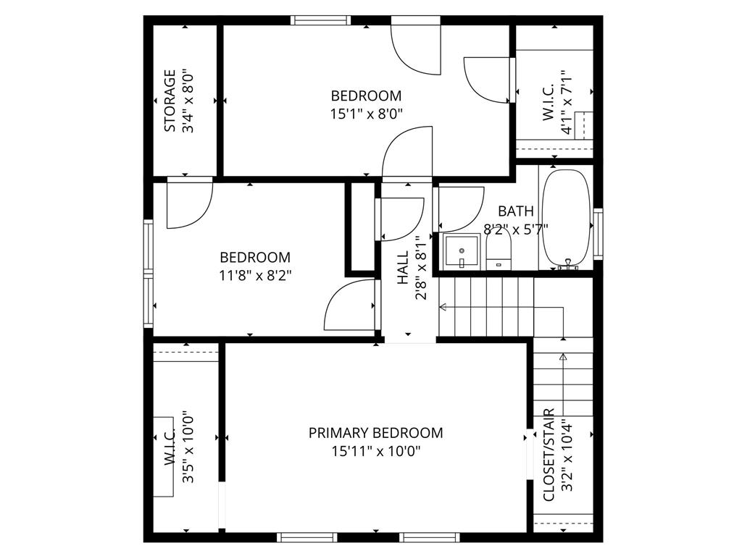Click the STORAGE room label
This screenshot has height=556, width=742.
point(170,101)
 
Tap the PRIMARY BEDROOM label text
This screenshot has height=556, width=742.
point(376,433)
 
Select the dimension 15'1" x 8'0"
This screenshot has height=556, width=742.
point(366,114)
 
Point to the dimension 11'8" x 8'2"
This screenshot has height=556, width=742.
point(255,275)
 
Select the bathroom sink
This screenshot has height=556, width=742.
point(462,250)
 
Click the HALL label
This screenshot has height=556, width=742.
point(403,268)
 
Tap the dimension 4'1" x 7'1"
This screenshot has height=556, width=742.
point(567,103)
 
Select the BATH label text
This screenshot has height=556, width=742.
point(516,211)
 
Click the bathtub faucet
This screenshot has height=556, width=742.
point(568,265)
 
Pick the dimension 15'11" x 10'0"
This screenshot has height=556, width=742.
point(376,452)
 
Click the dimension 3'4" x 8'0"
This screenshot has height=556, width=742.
point(188,101)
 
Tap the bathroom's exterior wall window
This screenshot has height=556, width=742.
point(598,234)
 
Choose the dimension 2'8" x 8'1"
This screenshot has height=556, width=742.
point(421,268)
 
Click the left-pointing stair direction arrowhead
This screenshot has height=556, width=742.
point(443,307)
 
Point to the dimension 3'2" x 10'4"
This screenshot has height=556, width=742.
point(567,455)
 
